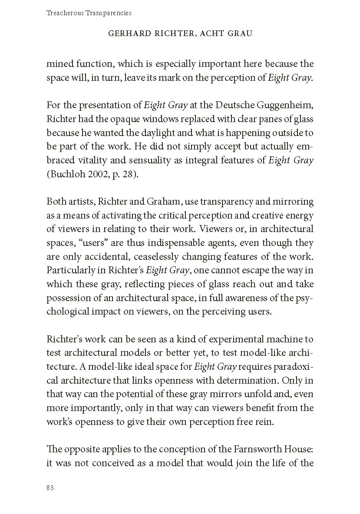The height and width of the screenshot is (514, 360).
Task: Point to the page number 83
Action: point(50,487)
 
